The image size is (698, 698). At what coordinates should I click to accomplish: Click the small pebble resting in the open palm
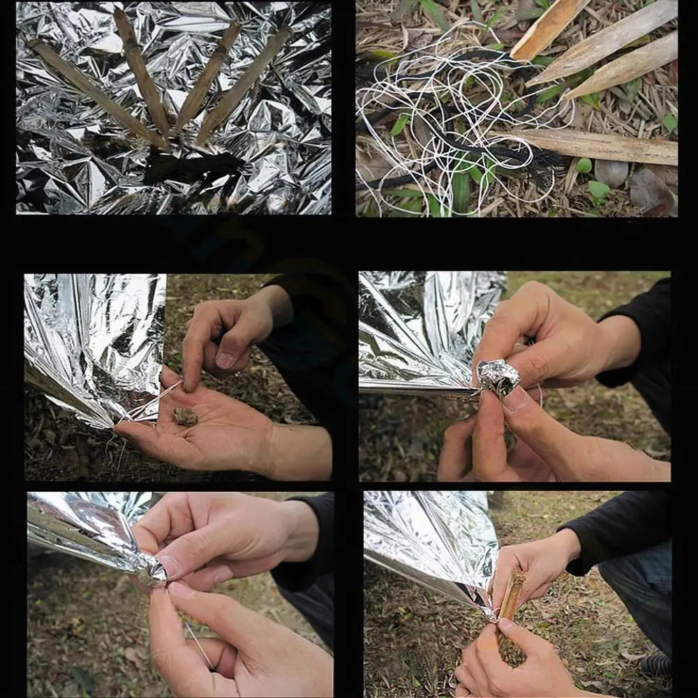185,417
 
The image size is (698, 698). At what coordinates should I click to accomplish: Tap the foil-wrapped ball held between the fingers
498,378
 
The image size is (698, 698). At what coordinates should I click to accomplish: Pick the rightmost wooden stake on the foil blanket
244,84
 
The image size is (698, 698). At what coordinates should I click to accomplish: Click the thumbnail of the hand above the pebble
225,359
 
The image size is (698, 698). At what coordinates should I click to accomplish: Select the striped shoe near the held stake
656,663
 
